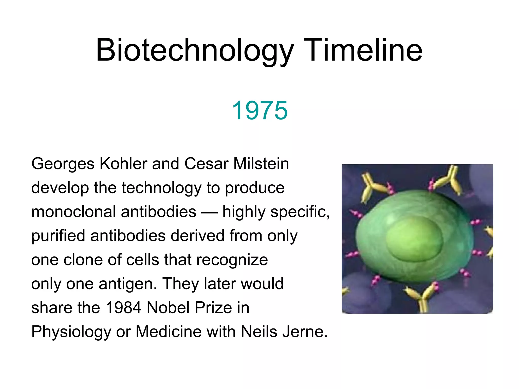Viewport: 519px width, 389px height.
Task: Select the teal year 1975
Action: (x=260, y=110)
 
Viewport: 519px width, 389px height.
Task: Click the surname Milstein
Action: (x=261, y=164)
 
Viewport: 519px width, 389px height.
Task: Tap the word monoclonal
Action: (x=74, y=212)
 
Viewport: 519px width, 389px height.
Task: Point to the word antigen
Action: (x=128, y=284)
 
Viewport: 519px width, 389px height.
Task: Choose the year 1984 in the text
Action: (x=123, y=308)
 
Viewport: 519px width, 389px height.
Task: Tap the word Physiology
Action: (x=71, y=332)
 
